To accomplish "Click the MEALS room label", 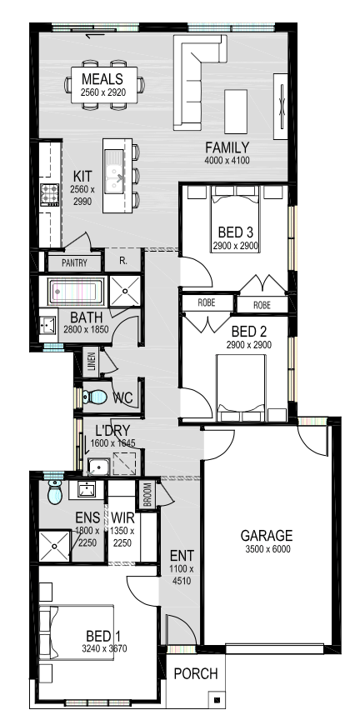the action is [x=102, y=78].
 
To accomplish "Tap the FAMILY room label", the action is [x=227, y=148].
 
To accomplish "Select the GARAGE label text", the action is [x=267, y=536].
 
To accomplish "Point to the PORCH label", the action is [x=196, y=673].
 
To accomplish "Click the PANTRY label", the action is [x=74, y=263].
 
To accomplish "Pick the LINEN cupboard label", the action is [x=91, y=362].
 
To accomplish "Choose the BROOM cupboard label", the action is [x=147, y=495].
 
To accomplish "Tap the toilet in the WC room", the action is [x=94, y=397].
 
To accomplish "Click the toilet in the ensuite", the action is [x=54, y=492].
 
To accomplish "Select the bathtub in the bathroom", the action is [x=74, y=292].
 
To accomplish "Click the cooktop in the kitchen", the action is [x=50, y=195].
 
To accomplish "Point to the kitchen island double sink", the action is [x=113, y=172].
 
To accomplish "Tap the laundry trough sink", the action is [x=98, y=467].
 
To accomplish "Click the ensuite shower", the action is [x=54, y=546].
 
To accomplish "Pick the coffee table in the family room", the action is [x=236, y=112].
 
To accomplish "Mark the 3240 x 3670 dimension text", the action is [x=104, y=648].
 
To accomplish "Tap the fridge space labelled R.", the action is [x=123, y=261].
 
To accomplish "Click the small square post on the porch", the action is [x=217, y=700].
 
